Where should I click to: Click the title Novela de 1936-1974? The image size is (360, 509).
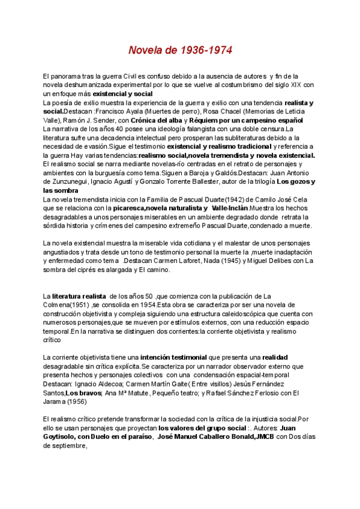(180, 49)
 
